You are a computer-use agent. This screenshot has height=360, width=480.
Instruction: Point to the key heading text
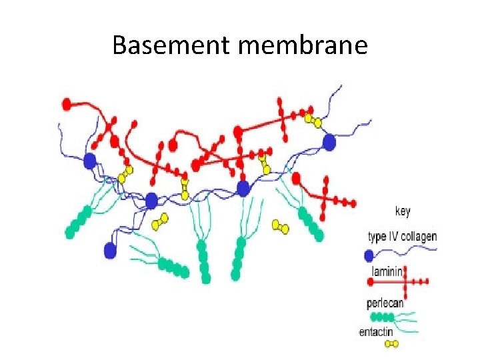point(403,211)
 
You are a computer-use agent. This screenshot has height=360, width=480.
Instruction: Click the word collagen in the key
point(418,237)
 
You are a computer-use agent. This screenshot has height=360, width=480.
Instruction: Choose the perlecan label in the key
point(385,303)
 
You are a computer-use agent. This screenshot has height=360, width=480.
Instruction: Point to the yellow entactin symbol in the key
point(393,344)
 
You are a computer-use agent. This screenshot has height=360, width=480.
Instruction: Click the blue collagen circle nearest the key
point(329,141)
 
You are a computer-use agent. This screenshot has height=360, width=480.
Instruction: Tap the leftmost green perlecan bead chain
point(79,222)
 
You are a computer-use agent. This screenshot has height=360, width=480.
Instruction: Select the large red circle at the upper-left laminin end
point(67,104)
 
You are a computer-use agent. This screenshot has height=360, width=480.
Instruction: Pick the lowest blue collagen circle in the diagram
point(111,250)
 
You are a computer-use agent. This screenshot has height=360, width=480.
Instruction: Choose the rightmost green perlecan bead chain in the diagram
point(310,225)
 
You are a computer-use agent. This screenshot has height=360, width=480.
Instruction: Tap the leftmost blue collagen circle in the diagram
point(90,161)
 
